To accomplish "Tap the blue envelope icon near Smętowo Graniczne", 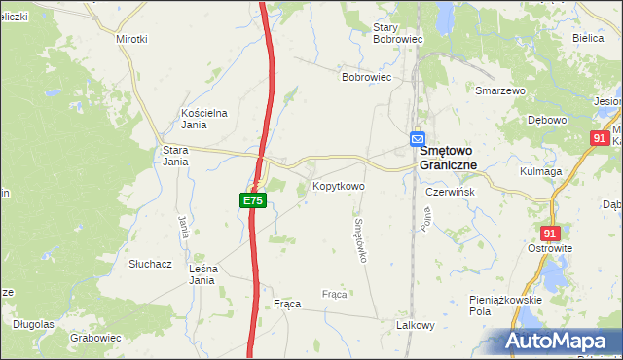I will (418, 140).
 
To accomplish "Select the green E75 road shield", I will (252, 200).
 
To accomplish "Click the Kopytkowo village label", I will (338, 185).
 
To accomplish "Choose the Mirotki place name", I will (131, 39).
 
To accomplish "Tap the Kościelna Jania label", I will (204, 118).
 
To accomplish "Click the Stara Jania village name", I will (175, 156).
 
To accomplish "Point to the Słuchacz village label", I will (150, 264).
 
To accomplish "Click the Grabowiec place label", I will (95, 338).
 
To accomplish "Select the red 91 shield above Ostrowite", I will (550, 234).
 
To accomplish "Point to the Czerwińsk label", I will (450, 192).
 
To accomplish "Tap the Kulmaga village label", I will (542, 171).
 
